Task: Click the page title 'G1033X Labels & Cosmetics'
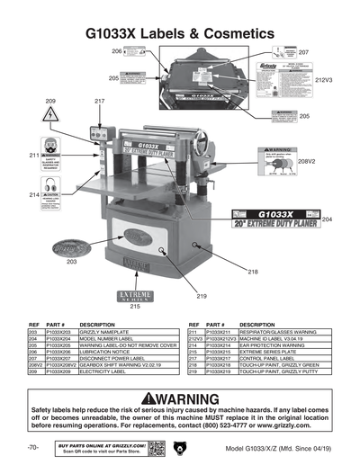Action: coord(179,32)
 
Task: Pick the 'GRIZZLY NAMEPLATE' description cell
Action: coord(109,332)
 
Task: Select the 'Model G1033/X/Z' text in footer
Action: coord(251,447)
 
